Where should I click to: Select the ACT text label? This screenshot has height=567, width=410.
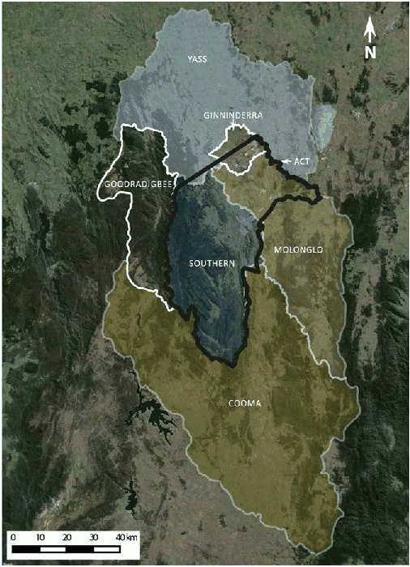[x=304, y=161]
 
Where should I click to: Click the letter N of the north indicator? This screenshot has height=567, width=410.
[x=369, y=53]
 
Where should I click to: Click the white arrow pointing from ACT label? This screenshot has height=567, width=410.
[x=287, y=162]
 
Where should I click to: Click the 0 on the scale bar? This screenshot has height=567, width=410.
[x=14, y=536]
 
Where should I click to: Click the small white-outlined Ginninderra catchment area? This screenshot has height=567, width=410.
[x=239, y=154]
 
